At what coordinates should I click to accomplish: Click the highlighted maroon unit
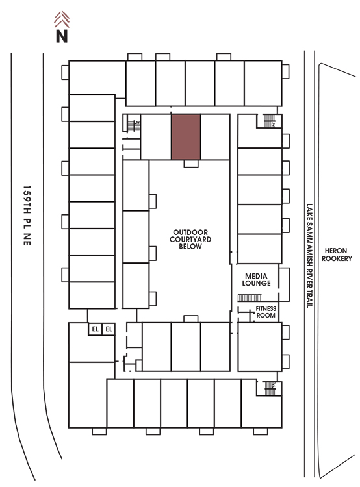click(186, 137)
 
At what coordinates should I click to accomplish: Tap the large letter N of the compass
click(62, 36)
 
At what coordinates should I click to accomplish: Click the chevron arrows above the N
click(62, 19)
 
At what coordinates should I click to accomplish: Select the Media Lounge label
click(256, 279)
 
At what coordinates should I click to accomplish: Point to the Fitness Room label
click(266, 312)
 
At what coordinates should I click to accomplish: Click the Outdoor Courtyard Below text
click(190, 239)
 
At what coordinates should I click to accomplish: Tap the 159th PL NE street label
click(27, 215)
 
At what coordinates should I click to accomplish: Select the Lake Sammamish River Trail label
click(309, 256)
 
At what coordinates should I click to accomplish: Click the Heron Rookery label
click(337, 255)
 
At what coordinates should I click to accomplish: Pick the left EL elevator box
click(95, 329)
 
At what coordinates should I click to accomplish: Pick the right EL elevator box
click(109, 329)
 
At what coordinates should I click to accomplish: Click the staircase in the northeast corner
click(270, 121)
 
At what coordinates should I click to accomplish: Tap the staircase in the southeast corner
click(270, 388)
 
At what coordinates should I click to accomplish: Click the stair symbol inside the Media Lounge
click(250, 298)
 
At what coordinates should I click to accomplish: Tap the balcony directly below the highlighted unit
click(191, 164)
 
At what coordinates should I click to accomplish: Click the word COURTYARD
click(190, 239)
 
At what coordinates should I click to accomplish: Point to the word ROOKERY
click(337, 258)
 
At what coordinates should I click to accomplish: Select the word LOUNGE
click(256, 283)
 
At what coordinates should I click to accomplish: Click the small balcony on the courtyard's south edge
click(191, 319)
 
